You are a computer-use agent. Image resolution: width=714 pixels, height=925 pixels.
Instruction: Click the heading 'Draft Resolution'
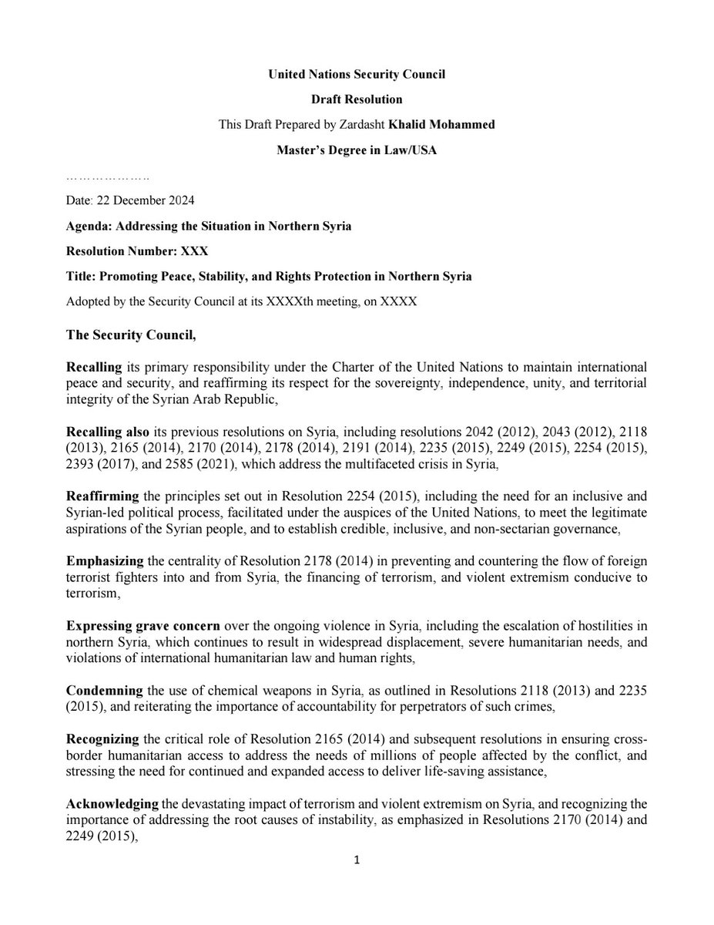tap(357, 99)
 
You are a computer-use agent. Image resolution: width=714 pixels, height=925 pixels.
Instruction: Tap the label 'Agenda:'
tap(90, 226)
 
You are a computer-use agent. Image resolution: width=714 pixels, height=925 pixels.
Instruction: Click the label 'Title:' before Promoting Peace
tap(83, 277)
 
